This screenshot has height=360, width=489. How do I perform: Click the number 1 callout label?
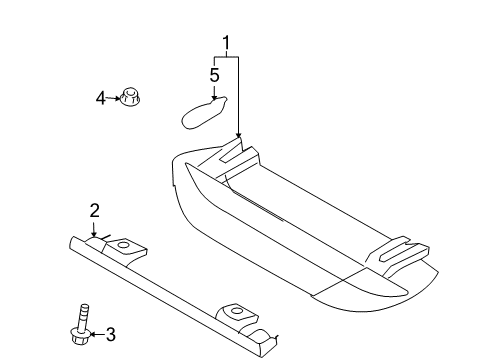pos(226,43)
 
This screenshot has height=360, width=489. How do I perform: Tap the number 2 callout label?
pos(94,210)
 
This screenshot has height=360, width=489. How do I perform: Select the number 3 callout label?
pos(111,333)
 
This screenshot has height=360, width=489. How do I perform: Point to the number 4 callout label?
pos(100,97)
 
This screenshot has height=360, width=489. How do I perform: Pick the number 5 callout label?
pos(214,74)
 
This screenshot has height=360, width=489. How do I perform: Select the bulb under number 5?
pos(206,110)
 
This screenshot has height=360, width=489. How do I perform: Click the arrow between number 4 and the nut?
pos(111,97)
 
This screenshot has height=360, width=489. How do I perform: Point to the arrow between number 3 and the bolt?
pos(95,333)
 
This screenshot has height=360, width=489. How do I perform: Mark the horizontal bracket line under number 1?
pos(226,58)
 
